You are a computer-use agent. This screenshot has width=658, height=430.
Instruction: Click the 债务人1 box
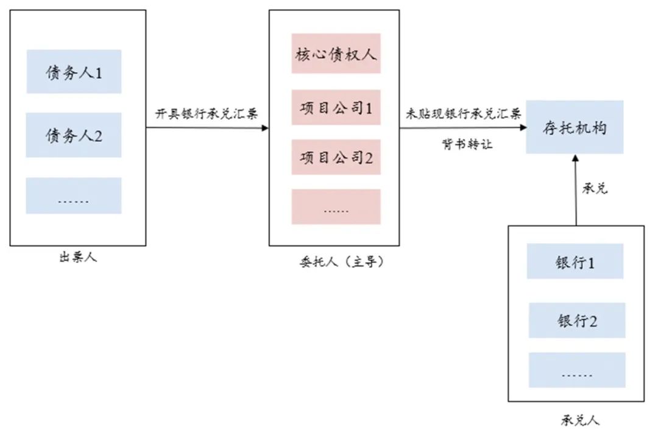tap(74, 71)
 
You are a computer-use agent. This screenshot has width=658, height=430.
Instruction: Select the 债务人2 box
tap(74, 135)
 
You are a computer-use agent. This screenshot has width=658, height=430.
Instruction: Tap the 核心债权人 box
tap(336, 53)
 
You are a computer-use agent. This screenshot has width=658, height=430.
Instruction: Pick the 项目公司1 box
tap(336, 107)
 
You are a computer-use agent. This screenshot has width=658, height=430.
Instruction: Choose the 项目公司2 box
tap(336, 157)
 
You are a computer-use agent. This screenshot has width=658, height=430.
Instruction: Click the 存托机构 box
tap(575, 127)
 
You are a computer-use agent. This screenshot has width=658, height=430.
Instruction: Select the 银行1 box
tap(575, 261)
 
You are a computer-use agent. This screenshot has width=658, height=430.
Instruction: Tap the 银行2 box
tap(577, 320)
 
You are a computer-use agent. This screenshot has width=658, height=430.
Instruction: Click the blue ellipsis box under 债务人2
tap(74, 196)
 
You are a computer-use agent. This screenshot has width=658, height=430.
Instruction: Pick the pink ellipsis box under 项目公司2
tap(336, 206)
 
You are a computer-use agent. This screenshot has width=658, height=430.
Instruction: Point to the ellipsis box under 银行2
tap(577, 370)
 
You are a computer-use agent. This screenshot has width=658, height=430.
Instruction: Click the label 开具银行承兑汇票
tap(207, 114)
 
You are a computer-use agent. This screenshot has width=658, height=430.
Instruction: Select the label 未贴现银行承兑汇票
tap(463, 113)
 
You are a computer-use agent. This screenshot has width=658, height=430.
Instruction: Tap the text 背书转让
tap(467, 144)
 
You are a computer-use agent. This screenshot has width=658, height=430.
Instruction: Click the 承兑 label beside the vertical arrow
tap(595, 188)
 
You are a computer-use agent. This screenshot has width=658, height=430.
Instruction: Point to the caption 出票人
tap(78, 257)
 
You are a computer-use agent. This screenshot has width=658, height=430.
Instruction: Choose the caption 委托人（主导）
tap(342, 262)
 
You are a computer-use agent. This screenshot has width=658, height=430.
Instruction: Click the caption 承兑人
tap(579, 420)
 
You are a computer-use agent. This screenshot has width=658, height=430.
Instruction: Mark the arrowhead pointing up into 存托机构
tap(576, 158)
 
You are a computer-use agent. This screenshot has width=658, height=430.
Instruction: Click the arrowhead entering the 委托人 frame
tap(265, 127)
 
